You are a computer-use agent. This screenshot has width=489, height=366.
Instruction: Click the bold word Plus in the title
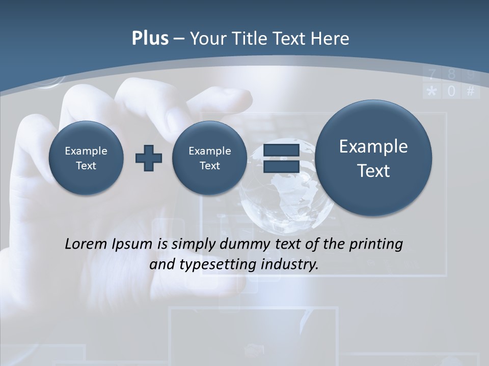(x=150, y=39)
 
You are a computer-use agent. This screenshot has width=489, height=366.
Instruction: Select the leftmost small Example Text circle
(x=86, y=158)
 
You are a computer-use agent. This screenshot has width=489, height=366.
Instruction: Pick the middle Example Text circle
(x=209, y=158)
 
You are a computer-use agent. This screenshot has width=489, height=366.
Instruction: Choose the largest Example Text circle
(x=373, y=158)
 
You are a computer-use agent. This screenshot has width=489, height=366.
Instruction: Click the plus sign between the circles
(x=148, y=158)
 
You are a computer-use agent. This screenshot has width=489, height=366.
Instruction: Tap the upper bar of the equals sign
(x=281, y=150)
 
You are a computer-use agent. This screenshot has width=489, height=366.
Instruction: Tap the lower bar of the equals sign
(x=281, y=166)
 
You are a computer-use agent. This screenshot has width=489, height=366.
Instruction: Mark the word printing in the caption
(x=375, y=245)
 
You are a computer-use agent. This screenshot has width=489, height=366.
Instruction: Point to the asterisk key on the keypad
(x=431, y=91)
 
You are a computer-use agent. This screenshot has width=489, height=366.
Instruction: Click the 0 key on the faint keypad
(x=451, y=91)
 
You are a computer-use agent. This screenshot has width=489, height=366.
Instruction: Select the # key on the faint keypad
(x=471, y=91)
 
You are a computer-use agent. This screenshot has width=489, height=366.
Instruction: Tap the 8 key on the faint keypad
(x=451, y=75)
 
